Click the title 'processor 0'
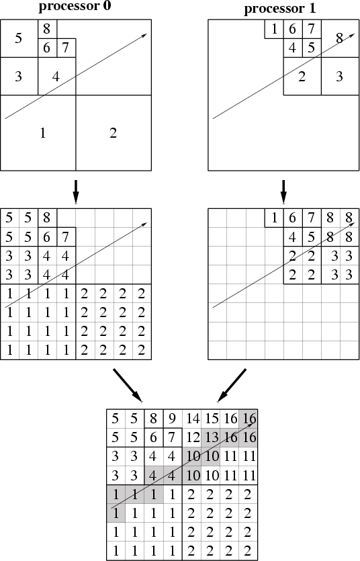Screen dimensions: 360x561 [75, 6]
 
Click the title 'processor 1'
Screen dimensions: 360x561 [280, 8]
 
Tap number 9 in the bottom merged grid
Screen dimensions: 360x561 [173, 419]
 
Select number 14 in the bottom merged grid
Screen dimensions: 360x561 [193, 419]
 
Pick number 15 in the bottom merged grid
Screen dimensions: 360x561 [212, 419]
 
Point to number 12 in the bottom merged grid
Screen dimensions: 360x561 [193, 437]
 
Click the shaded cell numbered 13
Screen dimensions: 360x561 [212, 437]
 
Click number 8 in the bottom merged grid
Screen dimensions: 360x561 [153, 419]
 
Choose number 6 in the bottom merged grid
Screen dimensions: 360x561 [153, 437]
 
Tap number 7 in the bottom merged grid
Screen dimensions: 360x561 [173, 437]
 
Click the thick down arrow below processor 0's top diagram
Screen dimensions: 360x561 [75, 191]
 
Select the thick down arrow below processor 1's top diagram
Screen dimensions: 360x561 [283, 191]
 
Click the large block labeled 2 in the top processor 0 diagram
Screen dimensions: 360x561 [114, 133]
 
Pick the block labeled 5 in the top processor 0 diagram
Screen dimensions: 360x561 [19, 38]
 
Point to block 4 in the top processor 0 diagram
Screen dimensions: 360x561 [56, 76]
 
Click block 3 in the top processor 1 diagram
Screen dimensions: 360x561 [340, 76]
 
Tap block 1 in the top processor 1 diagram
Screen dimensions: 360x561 [274, 29]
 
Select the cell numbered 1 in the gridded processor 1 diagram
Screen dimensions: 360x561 [274, 218]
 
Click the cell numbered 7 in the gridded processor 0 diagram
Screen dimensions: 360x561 [66, 236]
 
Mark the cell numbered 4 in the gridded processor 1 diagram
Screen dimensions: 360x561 [293, 236]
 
